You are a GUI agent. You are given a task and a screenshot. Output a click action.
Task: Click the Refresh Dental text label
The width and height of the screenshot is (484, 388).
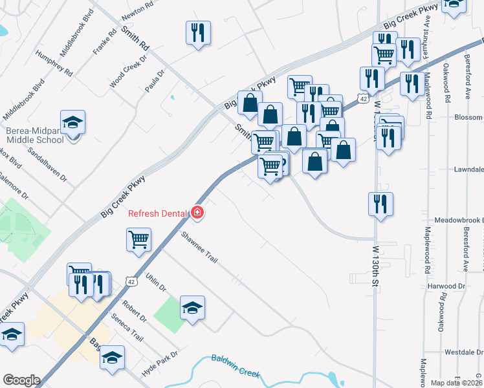[157, 214]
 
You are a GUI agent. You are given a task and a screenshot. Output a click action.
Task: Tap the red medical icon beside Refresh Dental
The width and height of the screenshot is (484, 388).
[197, 213]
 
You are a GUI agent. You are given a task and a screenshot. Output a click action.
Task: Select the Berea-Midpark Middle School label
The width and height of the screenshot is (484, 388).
[35, 135]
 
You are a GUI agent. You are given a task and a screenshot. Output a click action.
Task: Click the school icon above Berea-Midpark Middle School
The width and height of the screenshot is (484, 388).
[73, 121]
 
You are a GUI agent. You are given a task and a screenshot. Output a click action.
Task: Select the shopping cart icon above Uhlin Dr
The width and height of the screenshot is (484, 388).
[139, 239]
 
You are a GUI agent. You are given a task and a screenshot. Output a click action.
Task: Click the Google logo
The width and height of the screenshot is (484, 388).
[21, 380]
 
